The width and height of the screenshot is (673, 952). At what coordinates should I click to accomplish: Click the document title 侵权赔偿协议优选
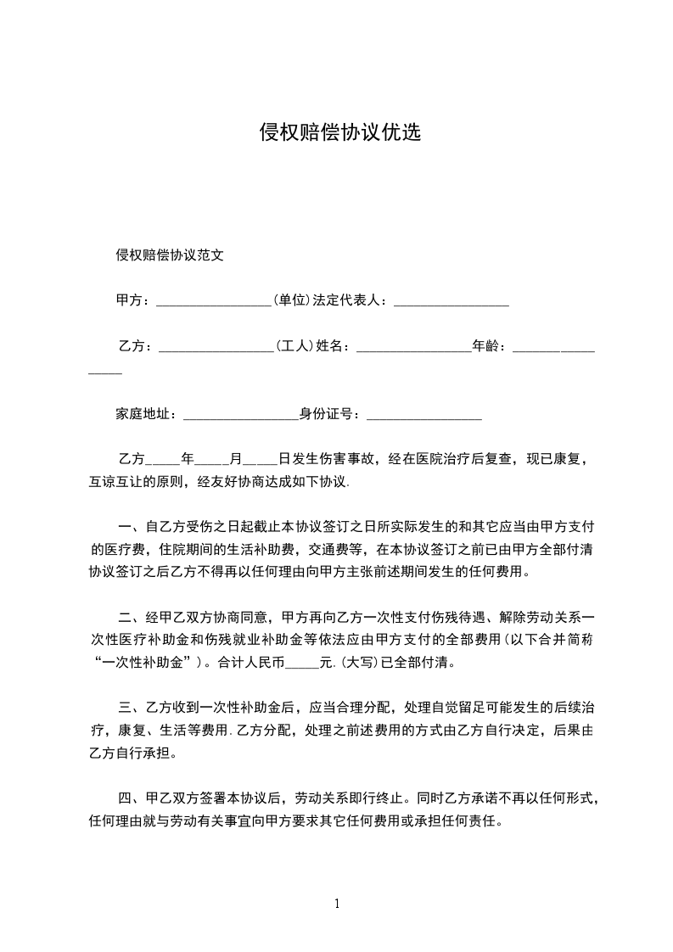click(339, 133)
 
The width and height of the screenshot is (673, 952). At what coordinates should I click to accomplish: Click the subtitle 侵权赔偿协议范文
click(170, 255)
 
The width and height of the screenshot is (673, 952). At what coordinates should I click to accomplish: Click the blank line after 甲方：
click(213, 302)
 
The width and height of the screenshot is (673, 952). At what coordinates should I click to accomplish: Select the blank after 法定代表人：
click(451, 302)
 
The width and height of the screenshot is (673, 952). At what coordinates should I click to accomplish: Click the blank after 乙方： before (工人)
click(215, 348)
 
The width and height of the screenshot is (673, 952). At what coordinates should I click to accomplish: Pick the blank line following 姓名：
click(413, 348)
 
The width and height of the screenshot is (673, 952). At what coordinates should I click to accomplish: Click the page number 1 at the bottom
click(337, 904)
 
